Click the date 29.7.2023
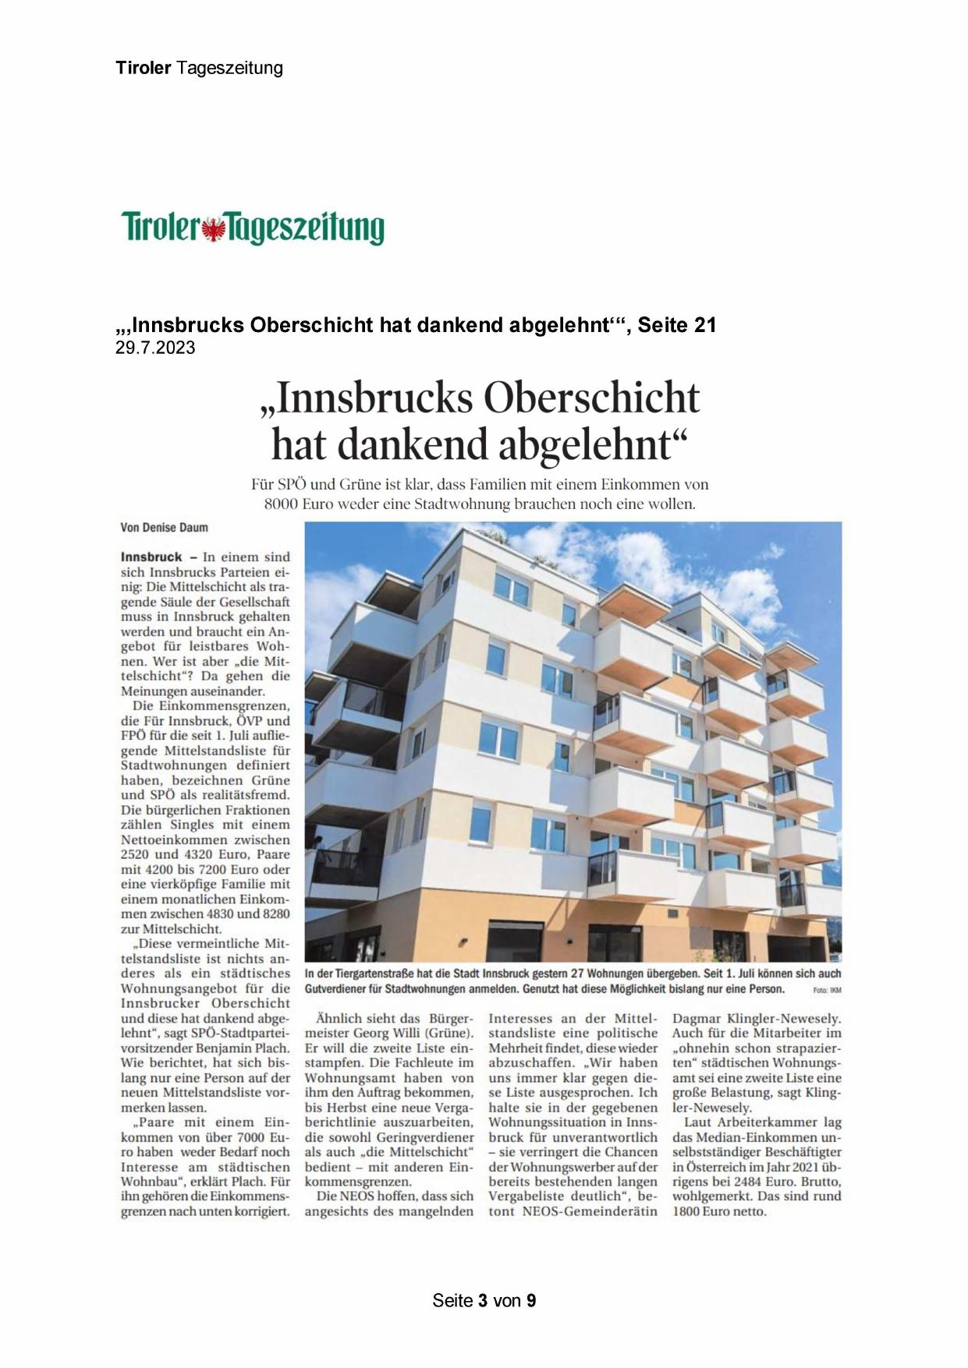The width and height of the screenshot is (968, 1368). (155, 348)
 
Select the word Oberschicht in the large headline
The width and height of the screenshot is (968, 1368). (591, 398)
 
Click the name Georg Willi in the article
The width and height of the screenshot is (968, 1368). (388, 1034)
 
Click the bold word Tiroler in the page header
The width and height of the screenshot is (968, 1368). (143, 68)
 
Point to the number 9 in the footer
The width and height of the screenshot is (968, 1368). (531, 1301)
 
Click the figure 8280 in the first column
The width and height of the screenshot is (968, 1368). (271, 914)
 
